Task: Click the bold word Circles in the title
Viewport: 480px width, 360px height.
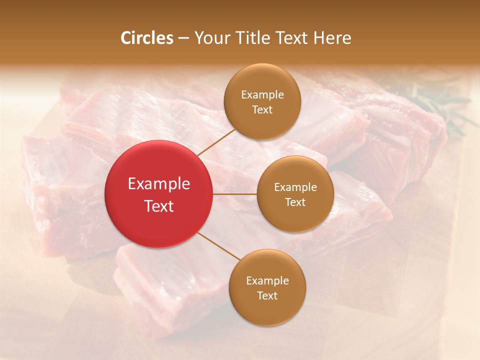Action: [147, 38]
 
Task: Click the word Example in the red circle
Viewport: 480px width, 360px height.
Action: [159, 184]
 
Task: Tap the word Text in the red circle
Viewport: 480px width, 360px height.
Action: [159, 206]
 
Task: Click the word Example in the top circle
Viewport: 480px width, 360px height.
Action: [262, 95]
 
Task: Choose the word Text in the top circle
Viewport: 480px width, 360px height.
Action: [262, 109]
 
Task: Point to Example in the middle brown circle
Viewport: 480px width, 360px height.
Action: [295, 187]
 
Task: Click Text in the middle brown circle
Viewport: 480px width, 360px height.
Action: [295, 202]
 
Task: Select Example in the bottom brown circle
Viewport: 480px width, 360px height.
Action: [267, 281]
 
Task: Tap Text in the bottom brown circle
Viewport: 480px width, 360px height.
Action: [267, 295]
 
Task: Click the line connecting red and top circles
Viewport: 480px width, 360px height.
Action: [216, 142]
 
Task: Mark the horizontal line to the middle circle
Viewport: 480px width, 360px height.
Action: [235, 194]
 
